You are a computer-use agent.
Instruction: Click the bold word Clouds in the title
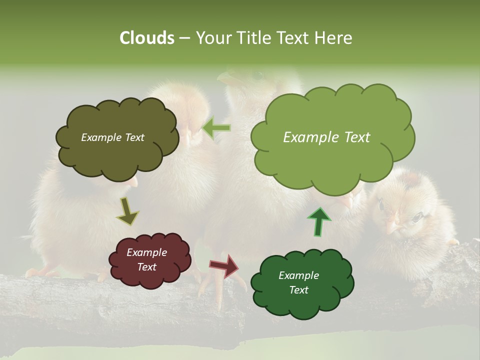[x=146, y=38]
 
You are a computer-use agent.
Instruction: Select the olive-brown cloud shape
[x=116, y=137]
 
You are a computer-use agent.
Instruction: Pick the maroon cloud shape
[x=149, y=259]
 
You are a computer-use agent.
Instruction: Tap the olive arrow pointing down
[x=127, y=210]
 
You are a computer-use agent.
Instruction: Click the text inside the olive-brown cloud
[x=112, y=137]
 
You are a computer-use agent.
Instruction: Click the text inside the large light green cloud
[x=326, y=137]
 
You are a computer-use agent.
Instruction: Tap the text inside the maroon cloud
[x=146, y=259]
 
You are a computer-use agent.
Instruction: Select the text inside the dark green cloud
[x=298, y=282]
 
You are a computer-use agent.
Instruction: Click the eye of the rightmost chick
[x=416, y=216]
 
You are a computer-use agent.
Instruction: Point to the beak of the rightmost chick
[x=393, y=228]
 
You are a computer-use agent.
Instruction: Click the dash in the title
[x=184, y=38]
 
